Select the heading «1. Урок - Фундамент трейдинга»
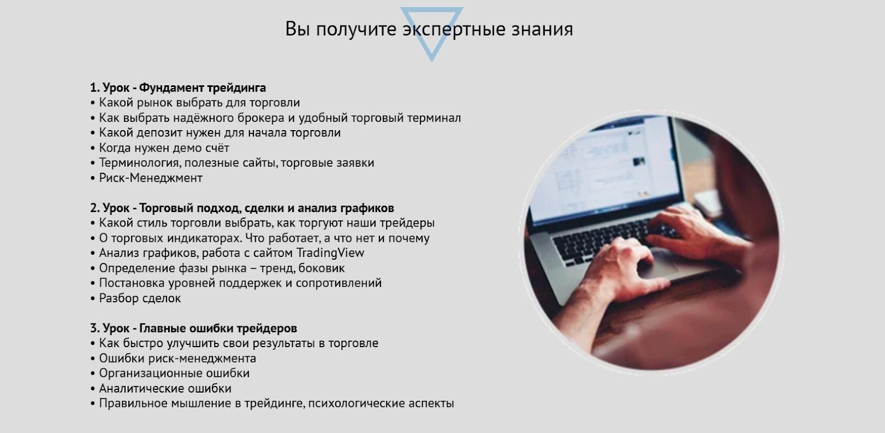pyautogui.click(x=178, y=87)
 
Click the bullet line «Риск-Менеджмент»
pyautogui.click(x=150, y=178)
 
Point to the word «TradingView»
pyautogui.click(x=330, y=253)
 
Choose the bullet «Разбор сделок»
pyautogui.click(x=139, y=298)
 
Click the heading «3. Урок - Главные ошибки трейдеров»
pyautogui.click(x=193, y=328)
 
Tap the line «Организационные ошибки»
pyautogui.click(x=174, y=373)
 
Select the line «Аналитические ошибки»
pyautogui.click(x=165, y=388)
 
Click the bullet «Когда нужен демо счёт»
pyautogui.click(x=164, y=148)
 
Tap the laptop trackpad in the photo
pyautogui.click(x=658, y=263)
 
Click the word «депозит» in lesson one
pyautogui.click(x=159, y=133)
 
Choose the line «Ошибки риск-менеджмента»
pyautogui.click(x=177, y=358)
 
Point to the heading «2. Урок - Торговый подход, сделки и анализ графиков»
pyautogui.click(x=242, y=208)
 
